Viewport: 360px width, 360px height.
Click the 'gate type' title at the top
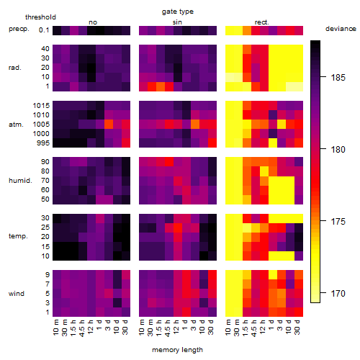click(x=178, y=12)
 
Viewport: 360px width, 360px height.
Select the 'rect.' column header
click(x=261, y=22)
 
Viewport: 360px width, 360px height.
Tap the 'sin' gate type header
click(x=177, y=22)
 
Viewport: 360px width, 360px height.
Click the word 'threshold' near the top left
click(x=40, y=17)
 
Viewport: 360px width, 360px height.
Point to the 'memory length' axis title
click(x=177, y=350)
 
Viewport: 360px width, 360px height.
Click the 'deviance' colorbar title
click(x=341, y=29)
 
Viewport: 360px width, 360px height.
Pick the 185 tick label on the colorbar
click(x=338, y=78)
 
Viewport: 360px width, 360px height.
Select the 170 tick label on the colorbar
click(x=338, y=293)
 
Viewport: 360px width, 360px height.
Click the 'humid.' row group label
click(x=20, y=181)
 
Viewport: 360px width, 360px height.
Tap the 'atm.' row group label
click(x=16, y=125)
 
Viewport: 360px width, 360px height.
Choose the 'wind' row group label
click(x=17, y=294)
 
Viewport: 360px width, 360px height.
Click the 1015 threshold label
click(x=41, y=106)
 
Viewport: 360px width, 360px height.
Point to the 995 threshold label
click(x=43, y=143)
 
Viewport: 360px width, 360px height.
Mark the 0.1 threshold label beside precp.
click(x=44, y=30)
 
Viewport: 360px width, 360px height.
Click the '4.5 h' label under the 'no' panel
click(x=81, y=328)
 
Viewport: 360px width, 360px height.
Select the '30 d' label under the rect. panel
click(x=297, y=328)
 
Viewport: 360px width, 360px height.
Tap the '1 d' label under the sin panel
click(x=185, y=325)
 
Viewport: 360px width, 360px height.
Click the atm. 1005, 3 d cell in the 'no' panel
click(x=109, y=125)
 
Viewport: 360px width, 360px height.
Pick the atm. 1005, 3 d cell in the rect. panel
click(x=282, y=125)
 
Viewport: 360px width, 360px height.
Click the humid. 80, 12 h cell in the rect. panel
click(x=264, y=171)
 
